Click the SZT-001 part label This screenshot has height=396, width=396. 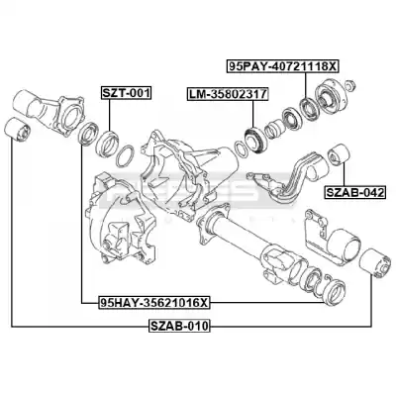click(x=126, y=93)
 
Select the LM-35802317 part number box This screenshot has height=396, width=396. click(x=228, y=94)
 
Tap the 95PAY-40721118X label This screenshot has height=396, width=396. click(x=282, y=66)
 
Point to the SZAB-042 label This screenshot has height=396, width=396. click(x=355, y=192)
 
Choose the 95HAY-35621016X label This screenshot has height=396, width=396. click(x=154, y=302)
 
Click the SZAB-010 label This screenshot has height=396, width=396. click(x=179, y=327)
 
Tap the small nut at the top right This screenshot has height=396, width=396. click(x=350, y=86)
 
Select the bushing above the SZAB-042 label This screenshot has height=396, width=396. click(x=339, y=154)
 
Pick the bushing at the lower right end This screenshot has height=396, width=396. click(x=375, y=263)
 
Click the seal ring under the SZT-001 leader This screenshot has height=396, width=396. click(x=107, y=144)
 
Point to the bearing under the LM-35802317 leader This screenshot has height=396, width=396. click(x=254, y=141)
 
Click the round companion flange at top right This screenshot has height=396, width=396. click(x=330, y=97)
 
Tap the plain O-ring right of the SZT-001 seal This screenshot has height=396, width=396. click(x=125, y=155)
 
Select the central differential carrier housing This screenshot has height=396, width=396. click(x=188, y=171)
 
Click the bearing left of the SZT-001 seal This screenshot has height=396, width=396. click(x=88, y=134)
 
